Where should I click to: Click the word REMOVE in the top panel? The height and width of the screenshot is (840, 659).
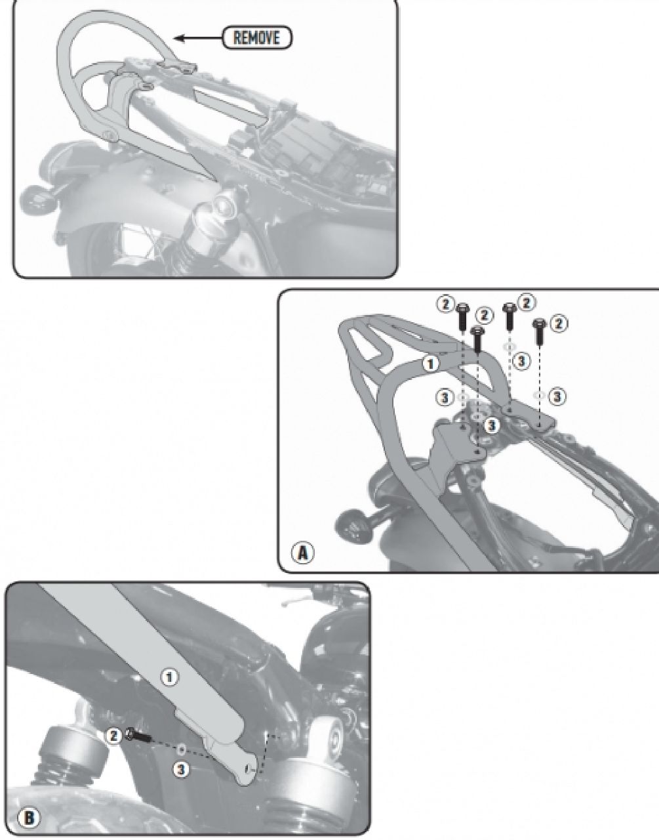pos(257,38)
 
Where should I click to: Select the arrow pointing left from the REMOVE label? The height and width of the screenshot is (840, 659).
pos(199,38)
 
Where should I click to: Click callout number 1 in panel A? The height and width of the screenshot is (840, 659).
pos(431,364)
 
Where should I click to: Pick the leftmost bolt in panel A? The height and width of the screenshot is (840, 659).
pos(462,316)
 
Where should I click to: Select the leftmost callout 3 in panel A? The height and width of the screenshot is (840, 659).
pos(445,397)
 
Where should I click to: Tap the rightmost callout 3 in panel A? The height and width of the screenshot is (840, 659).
pos(557,396)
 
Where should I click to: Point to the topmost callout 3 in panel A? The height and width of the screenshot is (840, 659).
pos(521,361)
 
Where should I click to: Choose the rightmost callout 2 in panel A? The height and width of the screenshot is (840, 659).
pos(557,324)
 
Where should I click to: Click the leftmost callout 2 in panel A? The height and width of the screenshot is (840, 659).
pos(445,304)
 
